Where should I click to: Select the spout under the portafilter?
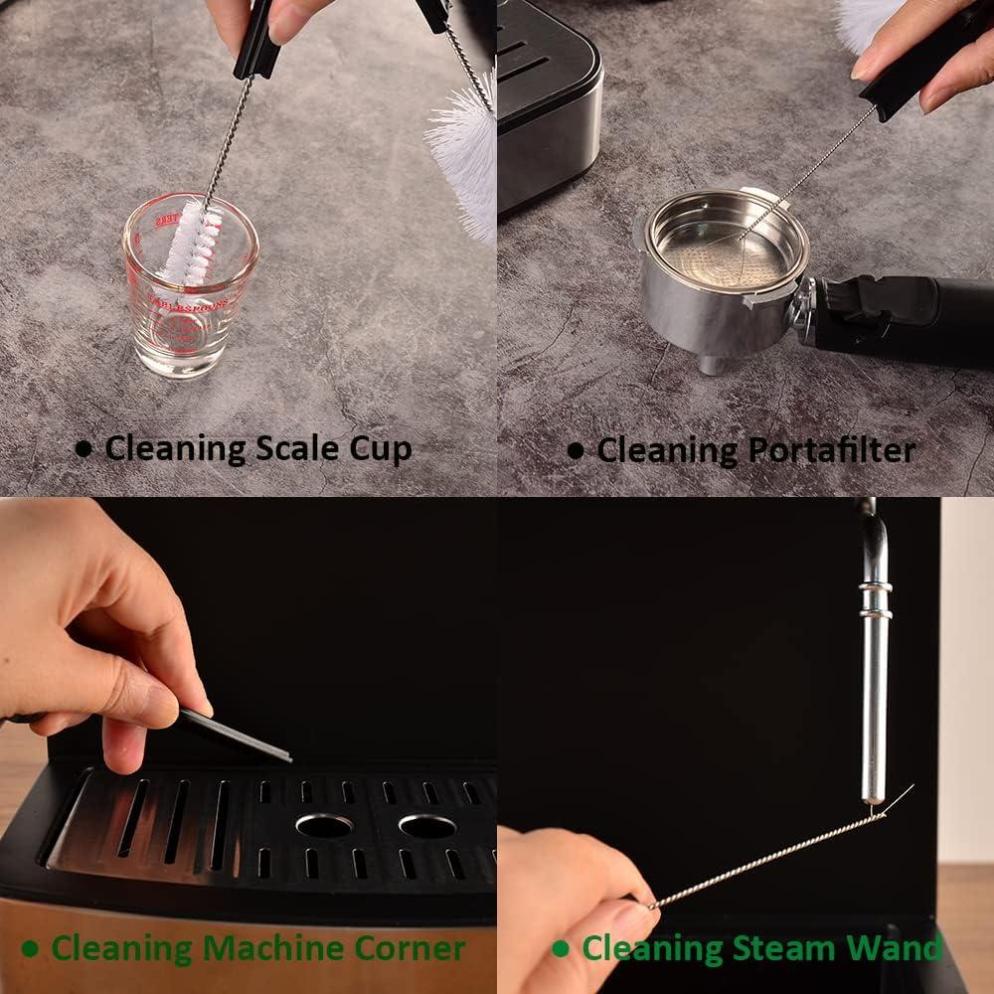(x=712, y=363)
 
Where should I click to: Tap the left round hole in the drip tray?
(x=324, y=825)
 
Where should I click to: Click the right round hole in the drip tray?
(x=427, y=825)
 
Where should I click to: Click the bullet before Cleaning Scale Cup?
(x=84, y=449)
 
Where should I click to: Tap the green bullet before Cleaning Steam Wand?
(x=562, y=948)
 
